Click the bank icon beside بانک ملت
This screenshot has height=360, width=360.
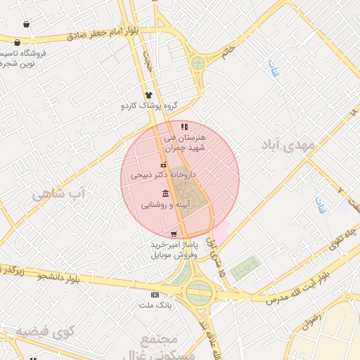155,295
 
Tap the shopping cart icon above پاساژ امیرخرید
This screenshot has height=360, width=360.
174,234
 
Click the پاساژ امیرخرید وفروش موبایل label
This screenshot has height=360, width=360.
174,249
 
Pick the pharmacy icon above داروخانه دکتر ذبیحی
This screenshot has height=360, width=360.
163,165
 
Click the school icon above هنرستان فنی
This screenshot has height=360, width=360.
184,127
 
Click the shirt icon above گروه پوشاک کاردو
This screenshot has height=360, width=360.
148,96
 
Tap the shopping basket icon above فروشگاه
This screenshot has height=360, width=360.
26,25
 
